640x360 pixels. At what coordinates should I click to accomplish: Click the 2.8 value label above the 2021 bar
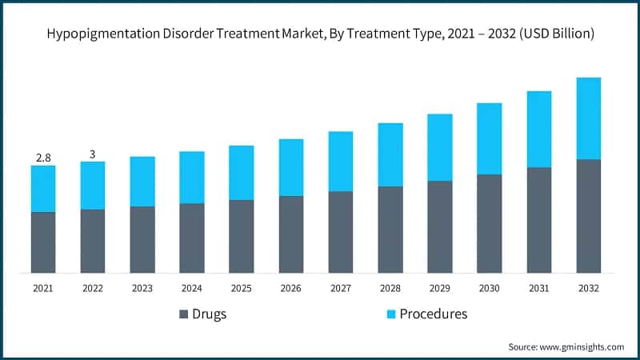[x=43, y=157]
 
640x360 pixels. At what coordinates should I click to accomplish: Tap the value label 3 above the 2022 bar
[x=93, y=154]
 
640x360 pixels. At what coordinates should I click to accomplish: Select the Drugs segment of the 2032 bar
[x=588, y=216]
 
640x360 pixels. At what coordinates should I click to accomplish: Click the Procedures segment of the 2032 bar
[x=588, y=118]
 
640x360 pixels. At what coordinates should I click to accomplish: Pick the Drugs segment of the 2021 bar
[x=43, y=242]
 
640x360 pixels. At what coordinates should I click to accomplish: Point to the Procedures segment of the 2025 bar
[x=242, y=173]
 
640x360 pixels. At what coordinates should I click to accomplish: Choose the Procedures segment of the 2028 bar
[x=390, y=154]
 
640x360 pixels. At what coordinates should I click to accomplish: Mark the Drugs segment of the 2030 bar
[x=489, y=224]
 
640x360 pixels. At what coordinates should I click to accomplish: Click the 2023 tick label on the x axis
[x=142, y=287]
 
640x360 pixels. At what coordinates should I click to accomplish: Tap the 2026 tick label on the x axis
[x=291, y=287]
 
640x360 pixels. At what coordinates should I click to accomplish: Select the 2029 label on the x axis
[x=439, y=287]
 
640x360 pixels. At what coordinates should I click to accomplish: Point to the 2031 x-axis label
[x=538, y=287]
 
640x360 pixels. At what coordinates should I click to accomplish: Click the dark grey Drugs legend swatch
[x=183, y=314]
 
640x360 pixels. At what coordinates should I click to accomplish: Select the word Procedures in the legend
[x=422, y=314]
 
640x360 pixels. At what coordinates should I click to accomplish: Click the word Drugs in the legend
[x=210, y=314]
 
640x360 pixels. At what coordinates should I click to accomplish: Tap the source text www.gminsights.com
[x=582, y=346]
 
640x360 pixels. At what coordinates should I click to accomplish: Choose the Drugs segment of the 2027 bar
[x=341, y=232]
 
